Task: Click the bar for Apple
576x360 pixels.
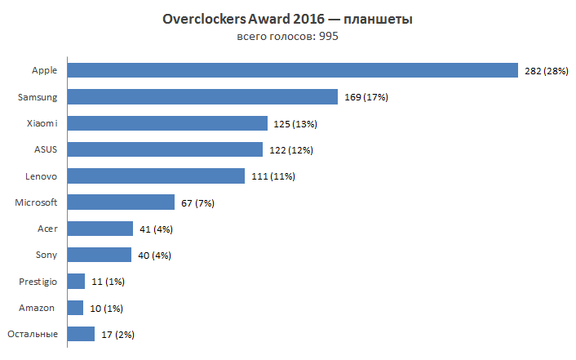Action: (x=292, y=71)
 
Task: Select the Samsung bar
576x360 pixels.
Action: (x=202, y=97)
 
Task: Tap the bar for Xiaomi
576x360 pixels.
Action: (x=167, y=123)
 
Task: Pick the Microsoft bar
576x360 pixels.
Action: (x=121, y=202)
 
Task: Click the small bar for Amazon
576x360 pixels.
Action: (x=75, y=308)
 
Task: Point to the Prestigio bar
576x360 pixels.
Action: (x=76, y=282)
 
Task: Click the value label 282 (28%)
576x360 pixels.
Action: (x=546, y=72)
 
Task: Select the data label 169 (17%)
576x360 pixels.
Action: (x=366, y=98)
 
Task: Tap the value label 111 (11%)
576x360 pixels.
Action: (x=272, y=176)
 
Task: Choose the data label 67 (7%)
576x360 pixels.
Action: (x=197, y=203)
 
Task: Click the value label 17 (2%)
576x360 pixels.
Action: (x=117, y=335)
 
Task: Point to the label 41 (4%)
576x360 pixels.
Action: (x=156, y=229)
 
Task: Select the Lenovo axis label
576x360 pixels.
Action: (x=41, y=176)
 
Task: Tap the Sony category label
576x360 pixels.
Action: (x=46, y=255)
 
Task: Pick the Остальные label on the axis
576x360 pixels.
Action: (x=33, y=334)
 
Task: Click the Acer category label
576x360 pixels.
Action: (x=47, y=229)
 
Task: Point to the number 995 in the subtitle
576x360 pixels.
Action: (x=328, y=37)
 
